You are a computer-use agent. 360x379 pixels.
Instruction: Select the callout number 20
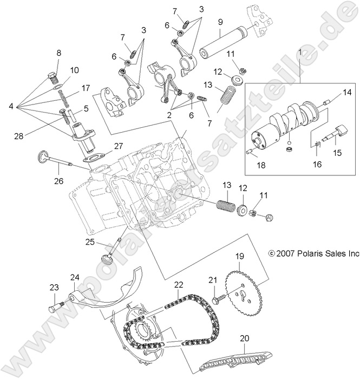click(x=245, y=338)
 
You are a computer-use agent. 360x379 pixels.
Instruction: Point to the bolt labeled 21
click(x=218, y=297)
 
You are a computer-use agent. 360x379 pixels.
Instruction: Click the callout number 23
click(x=54, y=287)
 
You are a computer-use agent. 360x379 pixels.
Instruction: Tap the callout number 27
click(x=119, y=145)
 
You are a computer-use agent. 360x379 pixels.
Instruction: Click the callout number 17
click(x=86, y=88)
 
